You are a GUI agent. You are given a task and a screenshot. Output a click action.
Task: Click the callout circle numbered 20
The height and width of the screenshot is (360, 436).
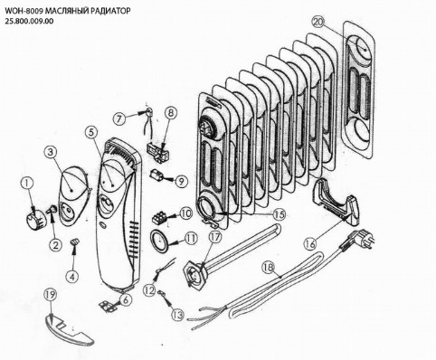point(318,22)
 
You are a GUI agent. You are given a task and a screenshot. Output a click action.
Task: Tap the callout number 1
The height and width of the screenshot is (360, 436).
point(28,183)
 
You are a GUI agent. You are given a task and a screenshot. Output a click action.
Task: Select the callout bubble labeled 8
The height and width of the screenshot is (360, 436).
point(171,113)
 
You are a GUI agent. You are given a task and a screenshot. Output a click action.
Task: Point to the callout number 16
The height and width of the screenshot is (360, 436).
point(311,243)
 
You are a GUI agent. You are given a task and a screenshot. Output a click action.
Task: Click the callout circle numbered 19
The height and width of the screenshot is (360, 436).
point(51,295)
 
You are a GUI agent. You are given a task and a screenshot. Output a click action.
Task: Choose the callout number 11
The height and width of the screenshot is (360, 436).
point(191,239)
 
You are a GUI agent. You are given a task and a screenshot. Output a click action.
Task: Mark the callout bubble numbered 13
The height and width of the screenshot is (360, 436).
point(177,315)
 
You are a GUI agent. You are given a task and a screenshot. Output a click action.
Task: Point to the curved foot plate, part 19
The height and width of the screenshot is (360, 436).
point(69,327)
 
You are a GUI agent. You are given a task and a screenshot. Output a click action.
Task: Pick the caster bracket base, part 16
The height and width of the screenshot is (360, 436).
point(336,202)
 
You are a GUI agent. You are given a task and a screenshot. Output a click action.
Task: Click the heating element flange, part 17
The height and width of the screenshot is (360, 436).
point(194,276)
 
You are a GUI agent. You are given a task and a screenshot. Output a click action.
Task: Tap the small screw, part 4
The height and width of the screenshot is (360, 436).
point(74,242)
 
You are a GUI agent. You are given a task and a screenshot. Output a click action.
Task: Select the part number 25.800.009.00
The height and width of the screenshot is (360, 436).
point(29,22)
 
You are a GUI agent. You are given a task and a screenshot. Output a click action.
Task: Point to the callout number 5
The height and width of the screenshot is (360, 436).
point(91,132)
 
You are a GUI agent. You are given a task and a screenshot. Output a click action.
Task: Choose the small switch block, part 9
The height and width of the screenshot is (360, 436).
point(157,175)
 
